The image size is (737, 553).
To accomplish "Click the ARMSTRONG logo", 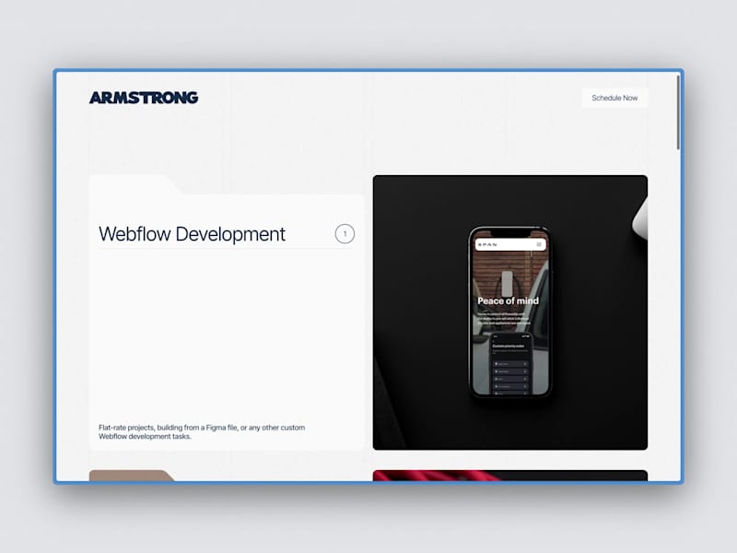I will tap(144, 98).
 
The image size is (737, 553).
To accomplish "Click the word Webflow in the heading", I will tap(135, 234).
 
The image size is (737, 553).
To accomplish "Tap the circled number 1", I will tap(345, 234).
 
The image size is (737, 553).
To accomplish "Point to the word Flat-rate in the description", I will tap(114, 428).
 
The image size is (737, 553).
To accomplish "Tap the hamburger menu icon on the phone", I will tap(539, 244).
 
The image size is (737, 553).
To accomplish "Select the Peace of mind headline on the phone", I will tap(509, 300).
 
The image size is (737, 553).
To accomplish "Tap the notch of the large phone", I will tap(509, 232).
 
